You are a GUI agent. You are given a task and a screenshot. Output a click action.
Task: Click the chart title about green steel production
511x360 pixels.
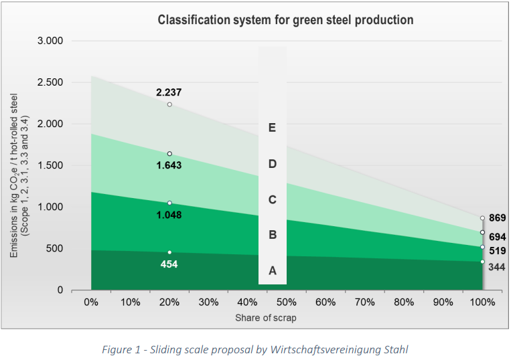coord(285,20)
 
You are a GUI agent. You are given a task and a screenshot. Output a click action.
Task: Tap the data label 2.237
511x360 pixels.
coord(169,92)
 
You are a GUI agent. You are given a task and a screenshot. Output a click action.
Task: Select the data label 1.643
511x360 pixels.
coord(169,165)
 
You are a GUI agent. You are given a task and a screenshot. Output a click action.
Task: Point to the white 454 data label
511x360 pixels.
coord(169,264)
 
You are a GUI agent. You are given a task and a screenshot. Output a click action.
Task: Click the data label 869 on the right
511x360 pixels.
coord(498,217)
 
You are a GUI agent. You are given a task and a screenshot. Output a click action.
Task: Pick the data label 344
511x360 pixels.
coord(497,267)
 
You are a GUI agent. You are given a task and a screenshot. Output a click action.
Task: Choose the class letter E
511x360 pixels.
coord(272,128)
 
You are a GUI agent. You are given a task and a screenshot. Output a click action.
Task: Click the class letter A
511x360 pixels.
coord(273,270)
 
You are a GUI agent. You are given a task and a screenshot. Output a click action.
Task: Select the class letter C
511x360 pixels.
coord(273,199)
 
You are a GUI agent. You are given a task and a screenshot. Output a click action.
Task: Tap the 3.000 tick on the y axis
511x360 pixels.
coord(50,41)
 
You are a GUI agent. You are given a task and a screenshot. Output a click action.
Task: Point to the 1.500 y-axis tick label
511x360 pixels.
coord(50,165)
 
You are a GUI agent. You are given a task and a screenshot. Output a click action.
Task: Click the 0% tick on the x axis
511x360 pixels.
coord(91,302)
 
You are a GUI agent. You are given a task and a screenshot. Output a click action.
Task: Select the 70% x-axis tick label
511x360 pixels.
coord(365,302)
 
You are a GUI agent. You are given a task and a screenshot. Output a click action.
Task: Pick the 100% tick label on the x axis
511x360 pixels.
coord(482,302)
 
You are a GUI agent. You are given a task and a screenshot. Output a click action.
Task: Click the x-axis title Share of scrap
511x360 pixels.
coord(266,318)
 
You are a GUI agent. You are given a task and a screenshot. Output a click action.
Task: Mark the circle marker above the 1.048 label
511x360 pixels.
coord(169,203)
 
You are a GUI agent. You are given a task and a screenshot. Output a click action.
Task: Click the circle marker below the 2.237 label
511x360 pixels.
coord(169,104)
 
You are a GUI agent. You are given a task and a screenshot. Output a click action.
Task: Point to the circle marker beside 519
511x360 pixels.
coord(482,247)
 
